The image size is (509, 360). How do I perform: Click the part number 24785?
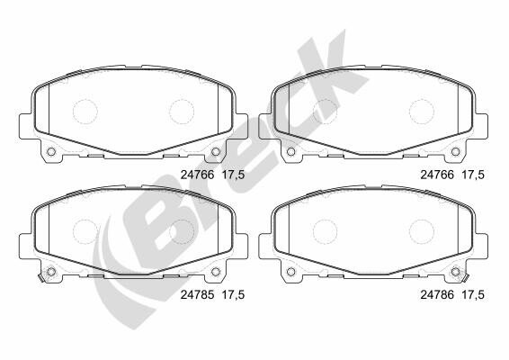[x=197, y=294]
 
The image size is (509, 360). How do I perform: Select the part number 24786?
[x=437, y=294]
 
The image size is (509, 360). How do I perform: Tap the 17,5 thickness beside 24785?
[x=233, y=294]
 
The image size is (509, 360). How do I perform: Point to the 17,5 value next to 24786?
[x=473, y=294]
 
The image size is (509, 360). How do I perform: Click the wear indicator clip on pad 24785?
[x=40, y=278]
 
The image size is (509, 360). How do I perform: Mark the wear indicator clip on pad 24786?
[x=466, y=278]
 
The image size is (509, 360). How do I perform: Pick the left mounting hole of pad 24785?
[x=51, y=271]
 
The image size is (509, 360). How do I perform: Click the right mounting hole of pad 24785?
[x=216, y=271]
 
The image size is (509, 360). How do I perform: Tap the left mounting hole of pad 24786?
[x=290, y=271]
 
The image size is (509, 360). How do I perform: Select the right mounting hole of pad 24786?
[x=455, y=271]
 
